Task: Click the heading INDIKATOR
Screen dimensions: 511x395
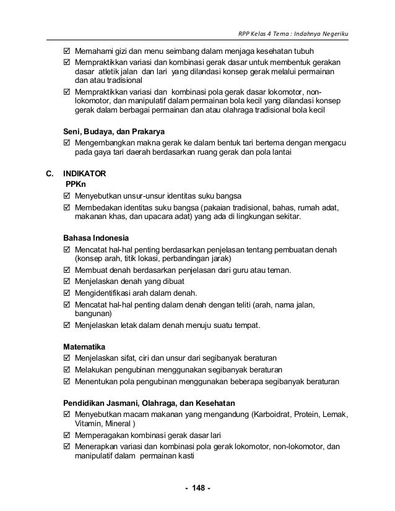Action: (89, 174)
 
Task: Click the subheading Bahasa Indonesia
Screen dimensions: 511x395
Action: (97, 238)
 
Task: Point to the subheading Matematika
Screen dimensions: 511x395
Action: (85, 346)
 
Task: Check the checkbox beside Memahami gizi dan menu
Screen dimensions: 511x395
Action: (68, 51)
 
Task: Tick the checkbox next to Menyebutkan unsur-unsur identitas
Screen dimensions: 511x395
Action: (68, 196)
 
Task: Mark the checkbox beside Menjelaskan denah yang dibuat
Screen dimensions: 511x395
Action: (68, 281)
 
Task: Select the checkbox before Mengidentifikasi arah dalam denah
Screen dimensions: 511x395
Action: (68, 293)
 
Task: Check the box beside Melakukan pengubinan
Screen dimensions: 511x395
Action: (68, 369)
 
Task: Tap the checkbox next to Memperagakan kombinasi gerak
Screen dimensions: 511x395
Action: (68, 435)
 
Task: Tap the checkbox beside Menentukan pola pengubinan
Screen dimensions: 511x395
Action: (68, 380)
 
